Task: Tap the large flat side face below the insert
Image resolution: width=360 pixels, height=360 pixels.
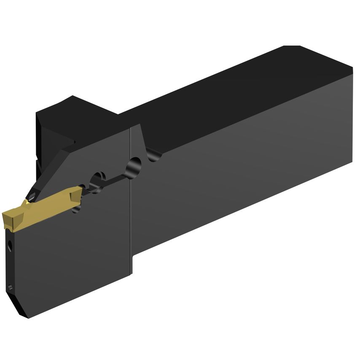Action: (72, 257)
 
